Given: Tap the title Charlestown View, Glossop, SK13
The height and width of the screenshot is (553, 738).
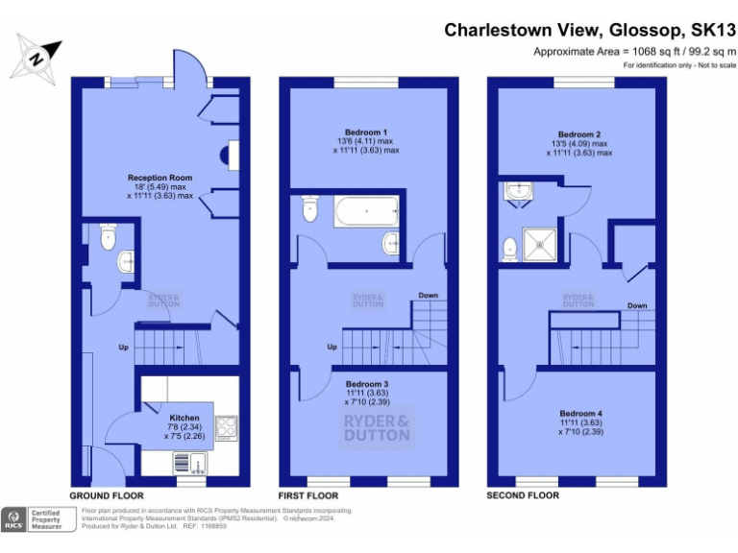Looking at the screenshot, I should point(589,30).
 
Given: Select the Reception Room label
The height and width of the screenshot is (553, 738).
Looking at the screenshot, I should point(160,178).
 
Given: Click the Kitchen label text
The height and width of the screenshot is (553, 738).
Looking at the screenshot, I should point(184,419).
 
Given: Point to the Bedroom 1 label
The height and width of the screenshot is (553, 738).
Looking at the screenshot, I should point(365,132).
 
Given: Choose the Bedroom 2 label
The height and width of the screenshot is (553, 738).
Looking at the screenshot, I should point(578,134).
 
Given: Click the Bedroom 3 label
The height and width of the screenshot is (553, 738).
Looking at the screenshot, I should point(365,384).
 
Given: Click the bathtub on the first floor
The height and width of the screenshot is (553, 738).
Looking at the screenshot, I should point(365,211).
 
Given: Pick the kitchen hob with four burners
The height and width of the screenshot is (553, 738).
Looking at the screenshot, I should point(227,426).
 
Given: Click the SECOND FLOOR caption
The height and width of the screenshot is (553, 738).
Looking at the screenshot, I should point(522,495).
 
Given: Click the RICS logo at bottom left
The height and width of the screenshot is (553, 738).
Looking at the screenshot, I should point(14,519).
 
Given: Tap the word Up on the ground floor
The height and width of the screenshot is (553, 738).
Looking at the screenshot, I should point(124,347).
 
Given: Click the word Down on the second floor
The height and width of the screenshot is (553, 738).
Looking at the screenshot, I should point(636,306).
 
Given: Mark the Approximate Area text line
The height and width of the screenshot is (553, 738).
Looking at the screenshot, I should point(633,51).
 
